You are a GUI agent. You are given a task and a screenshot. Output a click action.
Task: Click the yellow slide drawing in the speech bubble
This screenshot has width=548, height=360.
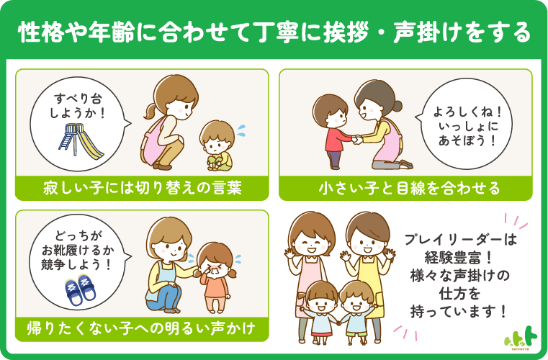pyautogui.click(x=81, y=140)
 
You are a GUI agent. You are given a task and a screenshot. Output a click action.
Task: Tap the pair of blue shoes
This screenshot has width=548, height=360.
pyautogui.click(x=81, y=289)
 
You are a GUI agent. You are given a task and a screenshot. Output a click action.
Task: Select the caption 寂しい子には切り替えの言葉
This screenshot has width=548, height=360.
pyautogui.click(x=142, y=189)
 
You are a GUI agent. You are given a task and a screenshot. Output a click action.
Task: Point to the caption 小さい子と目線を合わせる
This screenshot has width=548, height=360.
pyautogui.click(x=409, y=189)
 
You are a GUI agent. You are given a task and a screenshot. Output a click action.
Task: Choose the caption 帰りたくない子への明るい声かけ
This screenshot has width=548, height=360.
pyautogui.click(x=141, y=328)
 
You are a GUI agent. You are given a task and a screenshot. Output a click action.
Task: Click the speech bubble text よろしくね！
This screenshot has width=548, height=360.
pyautogui.click(x=467, y=112)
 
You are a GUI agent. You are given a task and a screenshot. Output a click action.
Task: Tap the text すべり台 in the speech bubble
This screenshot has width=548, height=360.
pyautogui.click(x=78, y=99)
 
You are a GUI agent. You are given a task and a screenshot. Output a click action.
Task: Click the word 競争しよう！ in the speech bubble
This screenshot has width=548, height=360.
pyautogui.click(x=76, y=264)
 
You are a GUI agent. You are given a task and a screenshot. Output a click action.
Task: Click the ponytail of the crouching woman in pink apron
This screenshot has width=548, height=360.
pyautogui.click(x=151, y=111)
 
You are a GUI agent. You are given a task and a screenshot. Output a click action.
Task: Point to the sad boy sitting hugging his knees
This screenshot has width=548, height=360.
pyautogui.click(x=217, y=145)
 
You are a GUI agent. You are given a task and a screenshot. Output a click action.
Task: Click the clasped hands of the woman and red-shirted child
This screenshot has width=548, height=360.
pyautogui.click(x=357, y=140)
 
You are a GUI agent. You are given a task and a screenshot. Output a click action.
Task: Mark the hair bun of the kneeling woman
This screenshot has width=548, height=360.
pyautogui.click(x=397, y=106)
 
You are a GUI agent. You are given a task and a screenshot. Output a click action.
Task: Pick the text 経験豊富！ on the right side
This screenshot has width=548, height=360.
pyautogui.click(x=459, y=258)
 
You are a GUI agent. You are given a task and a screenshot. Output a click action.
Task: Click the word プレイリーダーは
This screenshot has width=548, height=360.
pyautogui.click(x=460, y=240)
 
